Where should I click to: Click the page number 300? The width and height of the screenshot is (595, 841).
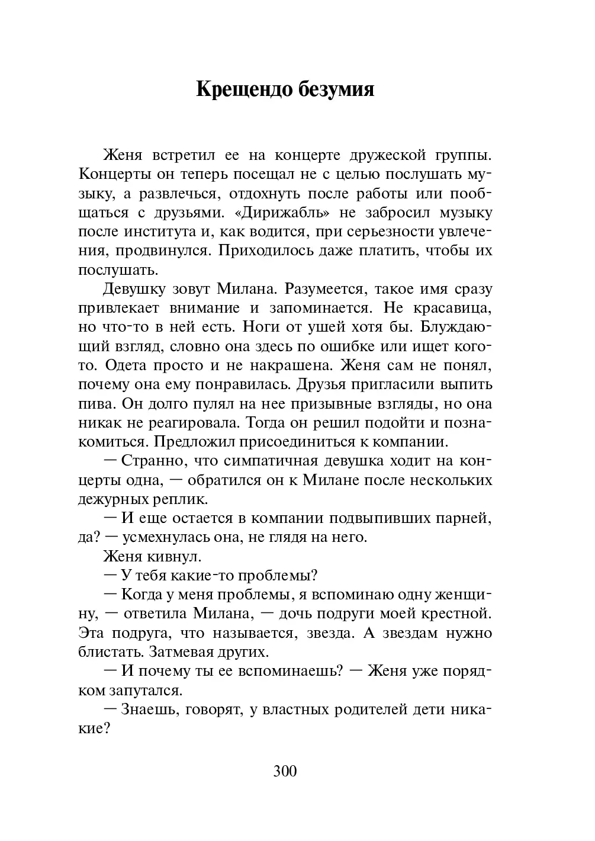click(x=285, y=771)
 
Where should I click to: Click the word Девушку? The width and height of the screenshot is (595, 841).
click(x=136, y=290)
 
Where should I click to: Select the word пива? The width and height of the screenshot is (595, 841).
click(x=95, y=404)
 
